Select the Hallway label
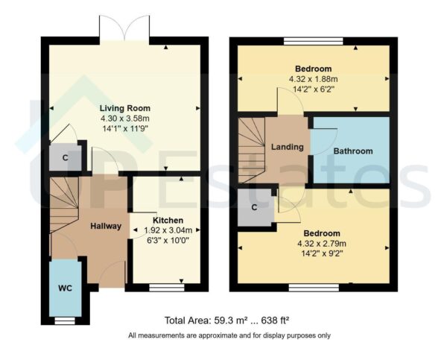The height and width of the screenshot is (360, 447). tap(106, 226)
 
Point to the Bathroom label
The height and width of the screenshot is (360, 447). tap(352, 151)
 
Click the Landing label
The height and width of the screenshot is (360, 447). tap(287, 147)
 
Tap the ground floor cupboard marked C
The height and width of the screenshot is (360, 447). tap(66, 157)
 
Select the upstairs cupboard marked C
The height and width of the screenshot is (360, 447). tap(255, 207)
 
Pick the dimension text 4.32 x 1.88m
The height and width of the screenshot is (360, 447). tap(313, 78)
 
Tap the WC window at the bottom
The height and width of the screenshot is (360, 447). tap(66, 320)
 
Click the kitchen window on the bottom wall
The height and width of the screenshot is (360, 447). tap(165, 286)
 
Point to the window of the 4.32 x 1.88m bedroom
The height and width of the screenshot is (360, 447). tap(314, 41)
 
